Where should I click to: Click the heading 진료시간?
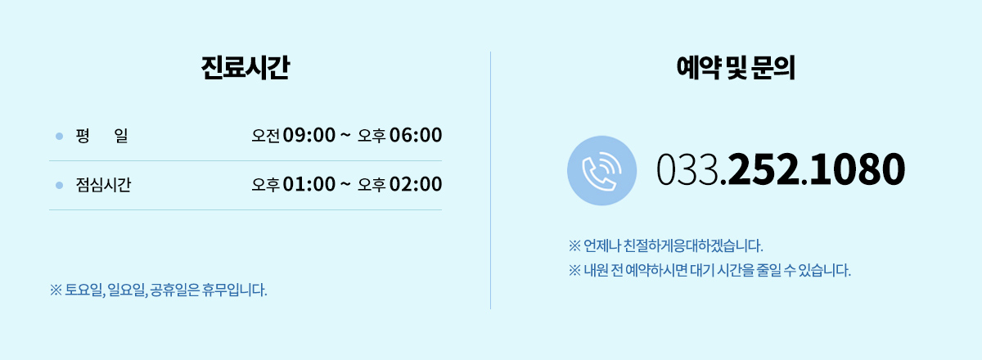pyautogui.click(x=245, y=68)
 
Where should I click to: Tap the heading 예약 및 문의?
pyautogui.click(x=736, y=68)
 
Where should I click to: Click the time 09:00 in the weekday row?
pyautogui.click(x=309, y=135)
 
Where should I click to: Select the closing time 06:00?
pyautogui.click(x=416, y=135)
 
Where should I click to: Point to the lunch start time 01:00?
pyautogui.click(x=309, y=184)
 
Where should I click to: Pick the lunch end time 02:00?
pyautogui.click(x=416, y=184)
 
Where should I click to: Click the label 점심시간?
pyautogui.click(x=103, y=185)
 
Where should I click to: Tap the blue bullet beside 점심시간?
pyautogui.click(x=59, y=186)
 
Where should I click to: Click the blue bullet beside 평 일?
pyautogui.click(x=59, y=137)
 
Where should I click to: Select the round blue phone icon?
pyautogui.click(x=602, y=170)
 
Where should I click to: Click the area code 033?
pyautogui.click(x=687, y=169)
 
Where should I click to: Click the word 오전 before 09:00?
pyautogui.click(x=266, y=136)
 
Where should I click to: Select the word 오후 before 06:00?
pyautogui.click(x=372, y=136)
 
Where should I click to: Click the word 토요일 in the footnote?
pyautogui.click(x=84, y=290)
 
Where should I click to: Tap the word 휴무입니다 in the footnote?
pyautogui.click(x=234, y=290)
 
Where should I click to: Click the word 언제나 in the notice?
pyautogui.click(x=602, y=245)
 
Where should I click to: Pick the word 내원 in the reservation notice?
pyautogui.click(x=596, y=270)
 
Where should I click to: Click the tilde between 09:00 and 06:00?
pyautogui.click(x=345, y=134)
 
